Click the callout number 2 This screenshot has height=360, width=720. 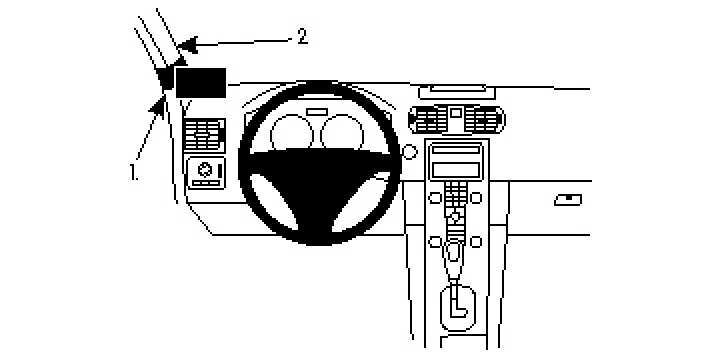point(301,36)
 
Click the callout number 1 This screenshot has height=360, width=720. point(133,171)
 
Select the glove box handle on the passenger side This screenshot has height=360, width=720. point(568,199)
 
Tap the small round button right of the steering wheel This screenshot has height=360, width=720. point(408,152)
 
